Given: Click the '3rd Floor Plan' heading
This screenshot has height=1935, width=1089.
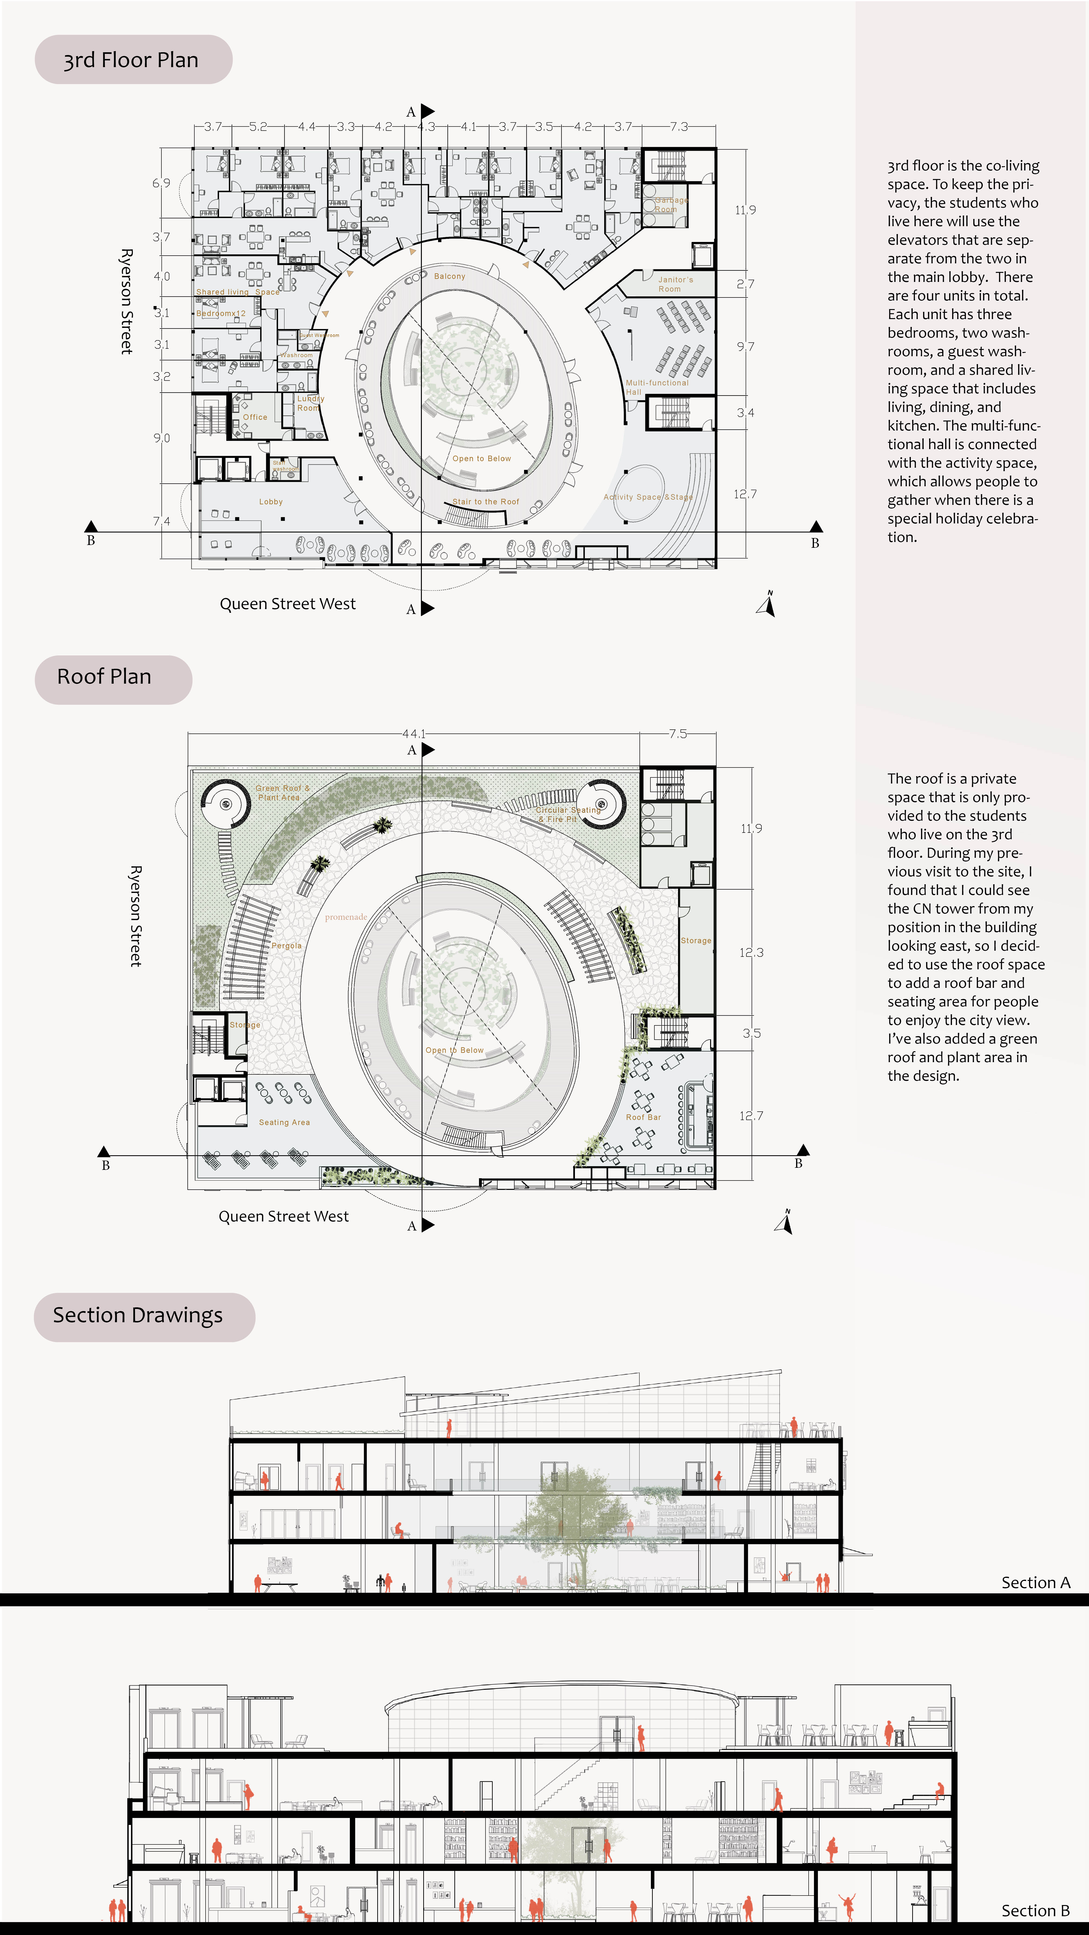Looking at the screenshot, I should (x=131, y=60).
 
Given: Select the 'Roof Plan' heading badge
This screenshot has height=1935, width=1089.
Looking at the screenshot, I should (x=105, y=677).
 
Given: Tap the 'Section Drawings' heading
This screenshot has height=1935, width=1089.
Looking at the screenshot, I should (x=138, y=1315).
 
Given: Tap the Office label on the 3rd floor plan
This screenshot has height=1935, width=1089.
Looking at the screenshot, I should (x=255, y=417).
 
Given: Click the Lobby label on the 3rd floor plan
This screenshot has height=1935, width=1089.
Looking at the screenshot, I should (x=271, y=502).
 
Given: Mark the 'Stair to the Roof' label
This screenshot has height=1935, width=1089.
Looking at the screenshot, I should (x=485, y=502).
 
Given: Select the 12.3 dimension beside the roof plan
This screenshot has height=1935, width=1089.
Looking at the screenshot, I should (x=751, y=953).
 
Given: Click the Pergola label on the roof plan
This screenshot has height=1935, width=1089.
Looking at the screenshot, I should (x=286, y=946).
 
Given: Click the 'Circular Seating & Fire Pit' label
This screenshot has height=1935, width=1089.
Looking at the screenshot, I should (x=568, y=814).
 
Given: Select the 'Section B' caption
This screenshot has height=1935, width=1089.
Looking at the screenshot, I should (x=1035, y=1910).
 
